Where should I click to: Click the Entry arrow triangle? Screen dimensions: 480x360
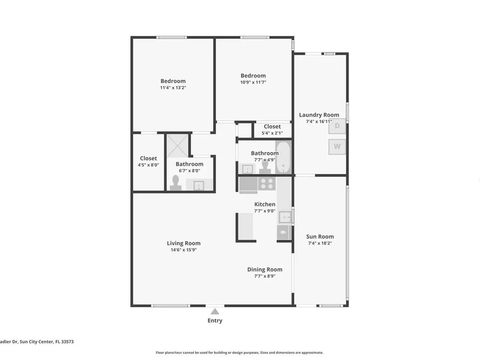point(215,312)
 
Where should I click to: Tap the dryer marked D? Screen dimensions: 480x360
point(337,126)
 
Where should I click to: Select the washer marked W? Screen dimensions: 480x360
point(337,146)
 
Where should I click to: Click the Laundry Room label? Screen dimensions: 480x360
point(319,115)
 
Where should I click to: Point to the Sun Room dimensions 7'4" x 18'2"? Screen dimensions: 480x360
point(320,243)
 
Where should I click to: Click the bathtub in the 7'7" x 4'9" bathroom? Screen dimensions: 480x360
point(283,158)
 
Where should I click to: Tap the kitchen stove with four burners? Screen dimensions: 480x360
point(266,183)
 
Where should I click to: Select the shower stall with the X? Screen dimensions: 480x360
point(177,146)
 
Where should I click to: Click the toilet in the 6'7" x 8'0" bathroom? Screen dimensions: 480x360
point(176,183)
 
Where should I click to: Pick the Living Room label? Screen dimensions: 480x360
point(184,243)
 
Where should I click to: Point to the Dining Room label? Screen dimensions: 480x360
point(265,269)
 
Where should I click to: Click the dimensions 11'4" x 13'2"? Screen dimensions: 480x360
point(173,87)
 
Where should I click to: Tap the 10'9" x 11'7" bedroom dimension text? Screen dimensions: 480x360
point(253,82)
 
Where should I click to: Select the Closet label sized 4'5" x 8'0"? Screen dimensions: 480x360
point(148,158)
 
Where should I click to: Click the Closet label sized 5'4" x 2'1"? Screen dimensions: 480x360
point(272,126)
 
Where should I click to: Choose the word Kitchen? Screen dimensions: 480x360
point(265,204)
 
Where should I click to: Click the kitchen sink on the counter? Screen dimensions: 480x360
point(285,218)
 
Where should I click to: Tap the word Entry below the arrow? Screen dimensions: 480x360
point(215,321)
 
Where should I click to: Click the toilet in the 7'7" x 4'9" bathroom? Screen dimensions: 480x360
point(265,167)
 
